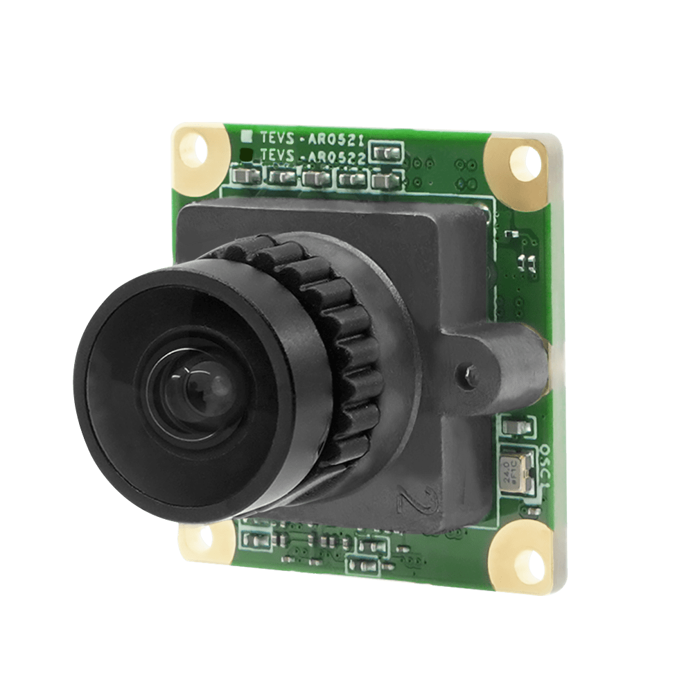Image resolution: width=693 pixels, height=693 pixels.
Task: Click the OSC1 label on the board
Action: point(543,460)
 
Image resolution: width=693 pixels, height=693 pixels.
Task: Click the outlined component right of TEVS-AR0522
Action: point(387,152)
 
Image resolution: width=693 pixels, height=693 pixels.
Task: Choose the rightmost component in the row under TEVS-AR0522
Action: point(381,182)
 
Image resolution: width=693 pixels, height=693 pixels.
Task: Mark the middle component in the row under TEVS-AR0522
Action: point(315,178)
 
